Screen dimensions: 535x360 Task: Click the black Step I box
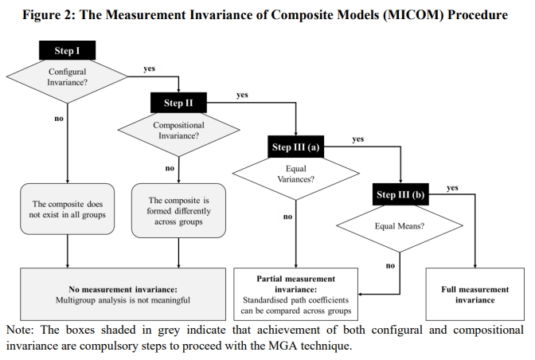[67, 50]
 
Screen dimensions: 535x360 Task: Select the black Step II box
[178, 103]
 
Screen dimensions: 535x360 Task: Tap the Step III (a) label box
[296, 147]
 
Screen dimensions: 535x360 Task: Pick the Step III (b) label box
[400, 194]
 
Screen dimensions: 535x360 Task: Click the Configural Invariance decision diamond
[67, 77]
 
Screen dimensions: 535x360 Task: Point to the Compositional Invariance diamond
[178, 130]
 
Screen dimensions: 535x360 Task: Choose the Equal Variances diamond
[296, 174]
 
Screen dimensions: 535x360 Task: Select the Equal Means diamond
[400, 226]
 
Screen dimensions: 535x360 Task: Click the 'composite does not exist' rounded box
[67, 209]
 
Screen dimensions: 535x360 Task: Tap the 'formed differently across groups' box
[178, 210]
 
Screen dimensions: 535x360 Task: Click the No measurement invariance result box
[123, 294]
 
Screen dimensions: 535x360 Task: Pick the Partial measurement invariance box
[296, 294]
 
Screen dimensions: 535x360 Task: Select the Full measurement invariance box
[475, 294]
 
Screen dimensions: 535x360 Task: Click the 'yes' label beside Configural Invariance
[150, 68]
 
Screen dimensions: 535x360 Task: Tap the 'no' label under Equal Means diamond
[390, 265]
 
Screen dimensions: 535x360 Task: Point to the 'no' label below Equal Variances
[287, 217]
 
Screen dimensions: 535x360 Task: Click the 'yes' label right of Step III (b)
[452, 188]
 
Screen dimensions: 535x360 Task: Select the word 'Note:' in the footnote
[20, 330]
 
